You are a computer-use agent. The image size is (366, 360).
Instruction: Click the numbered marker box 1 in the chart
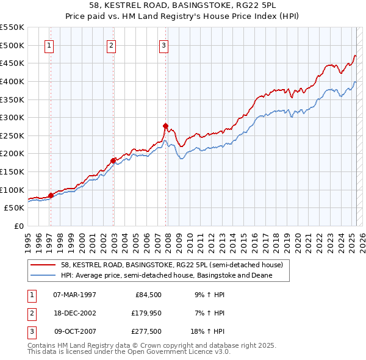click(x=48, y=45)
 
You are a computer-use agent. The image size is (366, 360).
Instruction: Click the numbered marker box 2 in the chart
click(x=111, y=45)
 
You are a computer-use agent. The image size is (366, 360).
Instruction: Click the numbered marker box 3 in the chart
click(x=164, y=45)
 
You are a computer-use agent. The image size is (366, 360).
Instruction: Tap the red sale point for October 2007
click(x=165, y=126)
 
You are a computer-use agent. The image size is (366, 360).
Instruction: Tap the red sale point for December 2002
click(x=113, y=160)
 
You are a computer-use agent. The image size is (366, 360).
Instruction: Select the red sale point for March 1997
click(x=51, y=195)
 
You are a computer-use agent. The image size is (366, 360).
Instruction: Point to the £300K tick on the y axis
click(x=12, y=117)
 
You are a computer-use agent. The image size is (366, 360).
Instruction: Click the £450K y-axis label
click(x=12, y=63)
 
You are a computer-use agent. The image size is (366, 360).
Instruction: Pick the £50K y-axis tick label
click(x=15, y=207)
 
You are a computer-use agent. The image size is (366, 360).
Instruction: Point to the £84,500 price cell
click(x=146, y=295)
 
